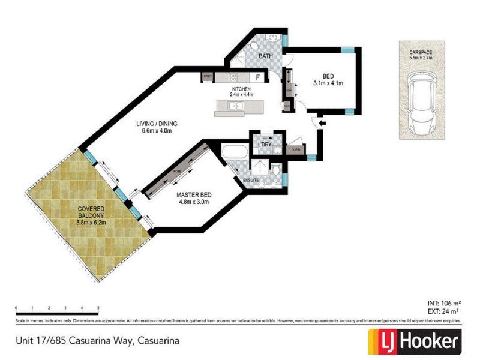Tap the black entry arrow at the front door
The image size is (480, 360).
(x=322, y=124)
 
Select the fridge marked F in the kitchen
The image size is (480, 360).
(x=258, y=77)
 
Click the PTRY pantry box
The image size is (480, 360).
(x=208, y=77)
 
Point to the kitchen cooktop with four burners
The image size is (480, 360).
(x=231, y=77)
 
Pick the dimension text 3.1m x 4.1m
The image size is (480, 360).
(x=328, y=83)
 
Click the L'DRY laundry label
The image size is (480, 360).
(x=264, y=145)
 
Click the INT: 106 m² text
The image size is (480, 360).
(x=443, y=303)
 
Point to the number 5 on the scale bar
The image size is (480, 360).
(x=98, y=307)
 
